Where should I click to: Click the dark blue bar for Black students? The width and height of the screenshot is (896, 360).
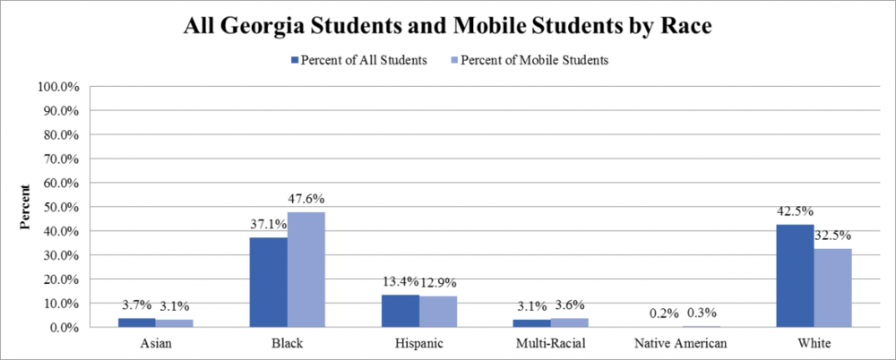coord(269,282)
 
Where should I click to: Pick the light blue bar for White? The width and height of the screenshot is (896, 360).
coord(832,287)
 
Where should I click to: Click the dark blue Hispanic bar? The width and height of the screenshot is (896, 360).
coord(400,311)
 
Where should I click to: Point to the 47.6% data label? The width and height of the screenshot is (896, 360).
coord(306,199)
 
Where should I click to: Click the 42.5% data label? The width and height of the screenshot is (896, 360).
coord(795,212)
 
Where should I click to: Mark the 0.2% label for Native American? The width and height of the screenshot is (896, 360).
coord(663,314)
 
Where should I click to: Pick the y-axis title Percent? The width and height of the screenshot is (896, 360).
coord(27,207)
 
